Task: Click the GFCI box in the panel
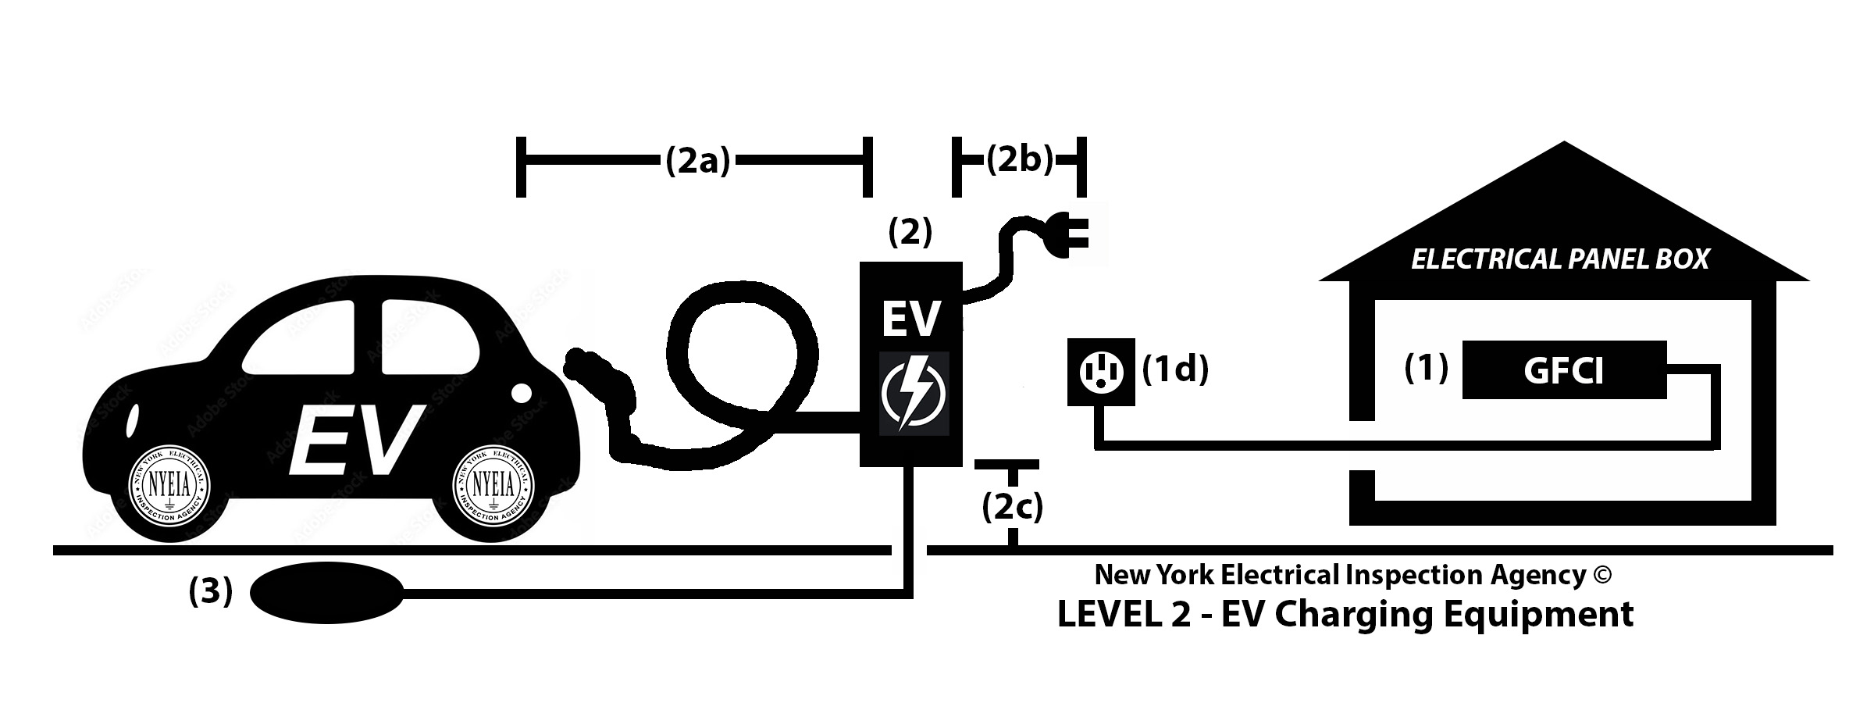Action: [x=1563, y=370]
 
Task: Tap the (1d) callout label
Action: [x=1175, y=369]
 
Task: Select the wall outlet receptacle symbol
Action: [x=1101, y=371]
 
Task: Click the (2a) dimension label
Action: [x=697, y=161]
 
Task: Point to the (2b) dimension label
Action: [x=1019, y=160]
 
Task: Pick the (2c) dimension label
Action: [x=1012, y=508]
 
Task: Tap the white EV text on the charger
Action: [x=910, y=319]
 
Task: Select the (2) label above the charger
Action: [x=910, y=232]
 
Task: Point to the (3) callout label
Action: [x=211, y=593]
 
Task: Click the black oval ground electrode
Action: [x=326, y=594]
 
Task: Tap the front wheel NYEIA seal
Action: [x=493, y=486]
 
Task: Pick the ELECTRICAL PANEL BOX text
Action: [x=1560, y=259]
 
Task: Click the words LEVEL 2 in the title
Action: [x=1124, y=614]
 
